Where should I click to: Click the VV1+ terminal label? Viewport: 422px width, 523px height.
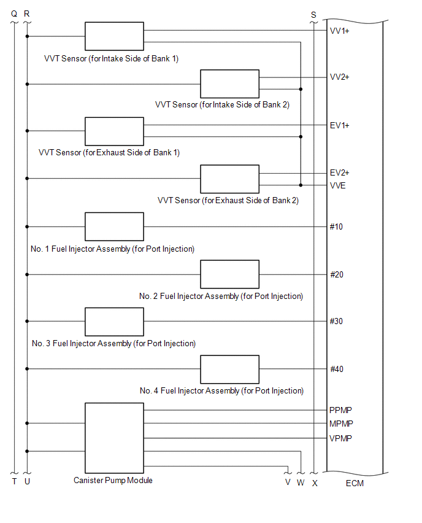340,30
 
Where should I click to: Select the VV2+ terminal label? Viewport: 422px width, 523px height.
340,77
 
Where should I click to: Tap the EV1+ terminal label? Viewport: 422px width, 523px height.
340,125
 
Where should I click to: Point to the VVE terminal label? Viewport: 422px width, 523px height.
338,185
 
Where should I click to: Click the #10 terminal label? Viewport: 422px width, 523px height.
337,227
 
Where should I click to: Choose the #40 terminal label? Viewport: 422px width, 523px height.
337,369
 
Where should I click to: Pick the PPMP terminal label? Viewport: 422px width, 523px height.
340,410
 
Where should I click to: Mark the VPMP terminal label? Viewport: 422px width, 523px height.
340,438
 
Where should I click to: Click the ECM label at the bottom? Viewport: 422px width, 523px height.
355,484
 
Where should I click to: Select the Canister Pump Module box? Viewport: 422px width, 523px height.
114,436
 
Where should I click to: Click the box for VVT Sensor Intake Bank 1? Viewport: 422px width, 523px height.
114,37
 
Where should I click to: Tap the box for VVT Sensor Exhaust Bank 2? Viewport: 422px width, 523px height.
230,179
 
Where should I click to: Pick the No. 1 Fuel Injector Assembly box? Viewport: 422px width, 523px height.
114,227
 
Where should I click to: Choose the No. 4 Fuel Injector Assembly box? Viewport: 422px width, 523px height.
230,369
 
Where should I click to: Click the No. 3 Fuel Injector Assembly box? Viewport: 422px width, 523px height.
114,322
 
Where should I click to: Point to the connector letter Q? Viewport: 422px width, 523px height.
14,14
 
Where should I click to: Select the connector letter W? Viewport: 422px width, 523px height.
301,482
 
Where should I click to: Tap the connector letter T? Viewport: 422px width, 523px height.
14,482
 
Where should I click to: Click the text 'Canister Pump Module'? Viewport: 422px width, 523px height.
113,480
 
